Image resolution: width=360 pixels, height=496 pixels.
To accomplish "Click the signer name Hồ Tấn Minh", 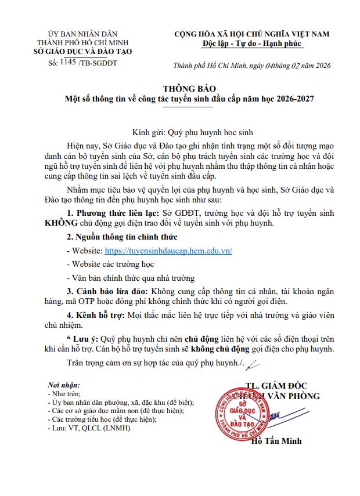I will click(x=276, y=441).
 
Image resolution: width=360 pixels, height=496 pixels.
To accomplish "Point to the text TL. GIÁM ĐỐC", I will click(x=276, y=386).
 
